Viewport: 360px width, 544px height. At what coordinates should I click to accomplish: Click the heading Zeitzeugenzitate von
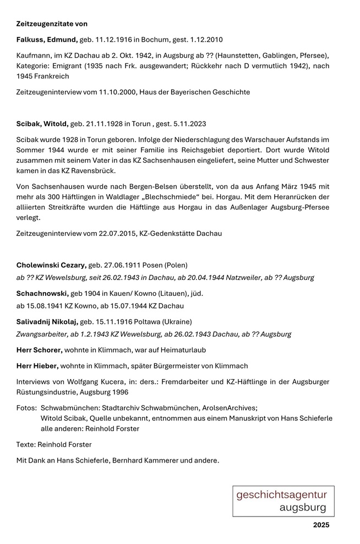click(52, 24)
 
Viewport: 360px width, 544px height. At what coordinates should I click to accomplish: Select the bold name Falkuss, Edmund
click(47, 40)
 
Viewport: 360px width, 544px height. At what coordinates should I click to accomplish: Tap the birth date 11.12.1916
click(116, 40)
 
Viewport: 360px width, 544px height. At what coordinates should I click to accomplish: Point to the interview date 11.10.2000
click(115, 92)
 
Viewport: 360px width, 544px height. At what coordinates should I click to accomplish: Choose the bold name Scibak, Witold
click(42, 124)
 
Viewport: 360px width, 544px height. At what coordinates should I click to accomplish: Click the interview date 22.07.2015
click(114, 233)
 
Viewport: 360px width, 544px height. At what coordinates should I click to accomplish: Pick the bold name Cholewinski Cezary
click(51, 265)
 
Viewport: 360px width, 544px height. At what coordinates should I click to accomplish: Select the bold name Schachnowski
click(42, 293)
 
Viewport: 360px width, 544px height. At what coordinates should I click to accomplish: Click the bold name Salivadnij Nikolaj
click(47, 321)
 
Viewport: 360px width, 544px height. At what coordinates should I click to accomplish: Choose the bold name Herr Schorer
click(39, 350)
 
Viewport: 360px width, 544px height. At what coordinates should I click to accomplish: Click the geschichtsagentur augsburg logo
click(282, 501)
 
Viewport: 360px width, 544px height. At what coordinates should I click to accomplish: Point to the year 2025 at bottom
click(321, 525)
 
